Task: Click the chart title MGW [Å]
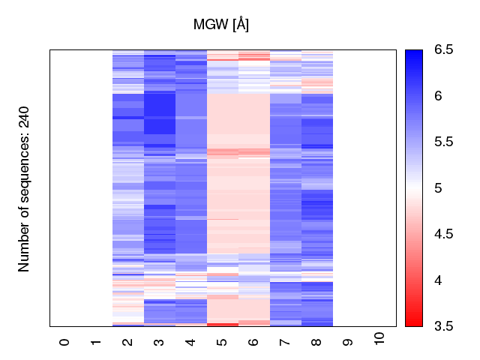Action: (221, 24)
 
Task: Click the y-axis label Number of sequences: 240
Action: (24, 187)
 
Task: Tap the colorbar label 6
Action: (439, 96)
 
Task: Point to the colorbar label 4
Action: (439, 280)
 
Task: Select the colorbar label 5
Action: (439, 187)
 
